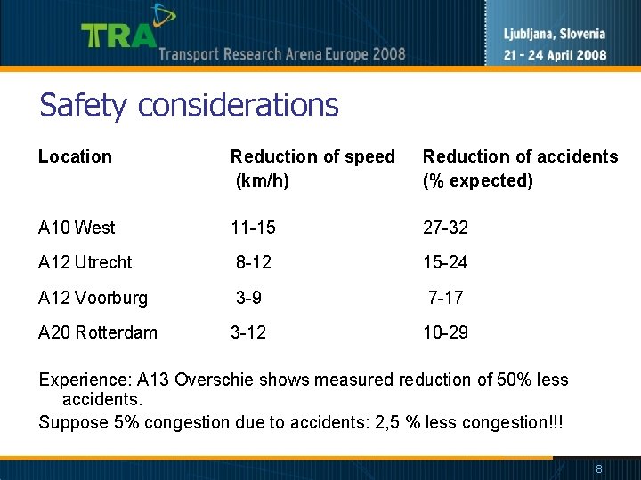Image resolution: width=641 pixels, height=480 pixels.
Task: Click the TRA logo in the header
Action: coord(120,34)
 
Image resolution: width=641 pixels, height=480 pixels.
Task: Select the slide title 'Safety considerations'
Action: coord(189,106)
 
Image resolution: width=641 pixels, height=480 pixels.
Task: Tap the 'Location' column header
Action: coord(75,156)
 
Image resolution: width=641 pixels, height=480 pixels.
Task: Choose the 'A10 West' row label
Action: coord(77,228)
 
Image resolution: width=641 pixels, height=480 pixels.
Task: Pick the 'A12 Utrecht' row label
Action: coord(85,262)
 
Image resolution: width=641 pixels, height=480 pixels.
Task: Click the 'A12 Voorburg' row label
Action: coord(93,298)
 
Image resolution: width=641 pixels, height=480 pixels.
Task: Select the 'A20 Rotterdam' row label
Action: coord(98,332)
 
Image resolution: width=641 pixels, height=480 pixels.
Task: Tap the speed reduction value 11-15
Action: coord(253,228)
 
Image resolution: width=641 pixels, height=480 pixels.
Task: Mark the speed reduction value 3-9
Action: coord(248,298)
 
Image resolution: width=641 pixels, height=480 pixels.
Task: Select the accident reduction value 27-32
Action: coord(445,228)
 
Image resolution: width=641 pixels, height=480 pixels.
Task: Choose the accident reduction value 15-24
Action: coord(445,262)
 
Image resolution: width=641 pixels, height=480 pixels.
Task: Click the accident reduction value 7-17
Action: coord(445,298)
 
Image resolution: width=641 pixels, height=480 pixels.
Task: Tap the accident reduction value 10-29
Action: coord(445,332)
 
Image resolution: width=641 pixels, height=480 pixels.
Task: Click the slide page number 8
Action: coord(599,468)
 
